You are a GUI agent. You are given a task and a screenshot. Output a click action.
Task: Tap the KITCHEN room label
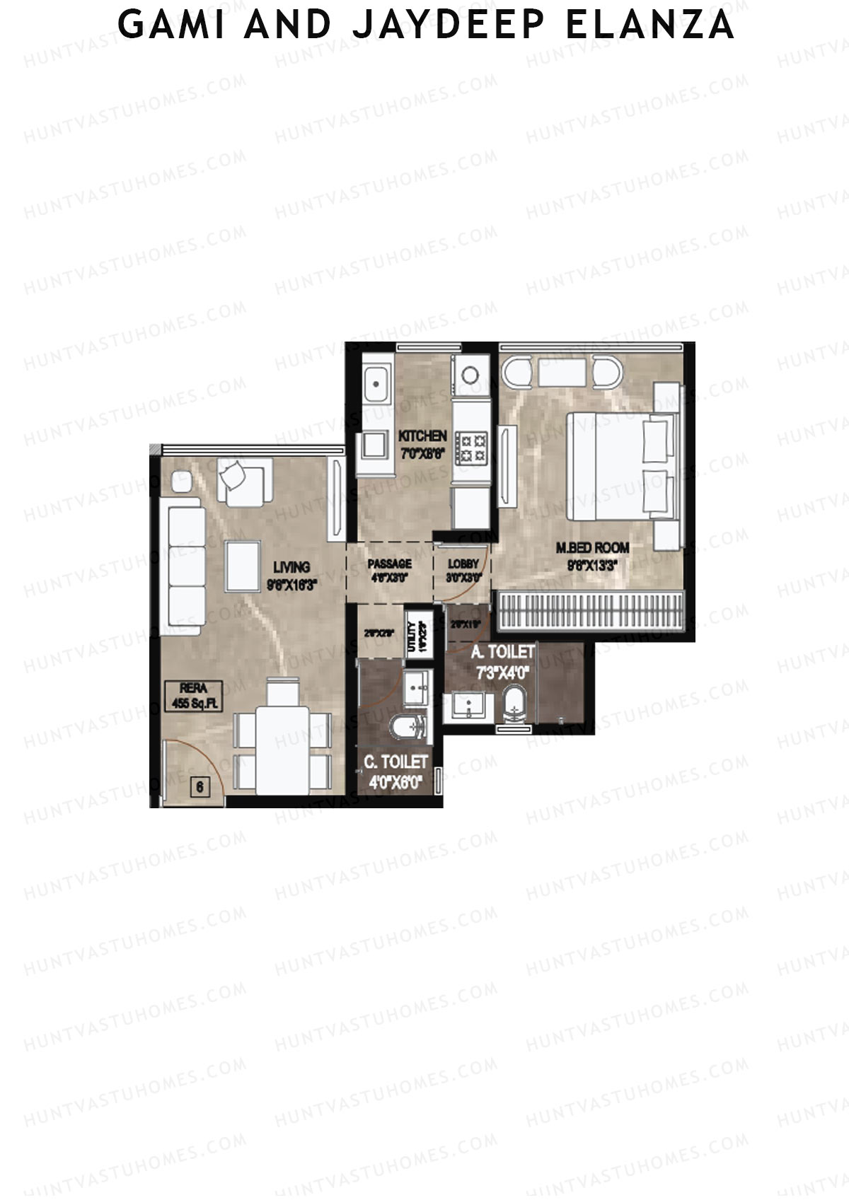tap(422, 436)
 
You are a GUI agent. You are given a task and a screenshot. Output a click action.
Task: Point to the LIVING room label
tap(291, 566)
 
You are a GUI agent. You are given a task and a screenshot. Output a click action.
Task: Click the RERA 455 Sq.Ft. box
tap(192, 695)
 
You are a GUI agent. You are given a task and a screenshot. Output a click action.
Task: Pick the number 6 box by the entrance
tap(200, 786)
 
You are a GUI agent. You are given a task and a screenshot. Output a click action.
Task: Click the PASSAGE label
tap(389, 564)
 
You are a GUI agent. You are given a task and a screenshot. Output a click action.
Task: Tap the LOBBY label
tap(463, 564)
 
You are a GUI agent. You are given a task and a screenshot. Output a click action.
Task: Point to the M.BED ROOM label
tap(592, 547)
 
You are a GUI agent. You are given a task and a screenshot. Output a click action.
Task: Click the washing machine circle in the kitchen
tap(470, 373)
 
